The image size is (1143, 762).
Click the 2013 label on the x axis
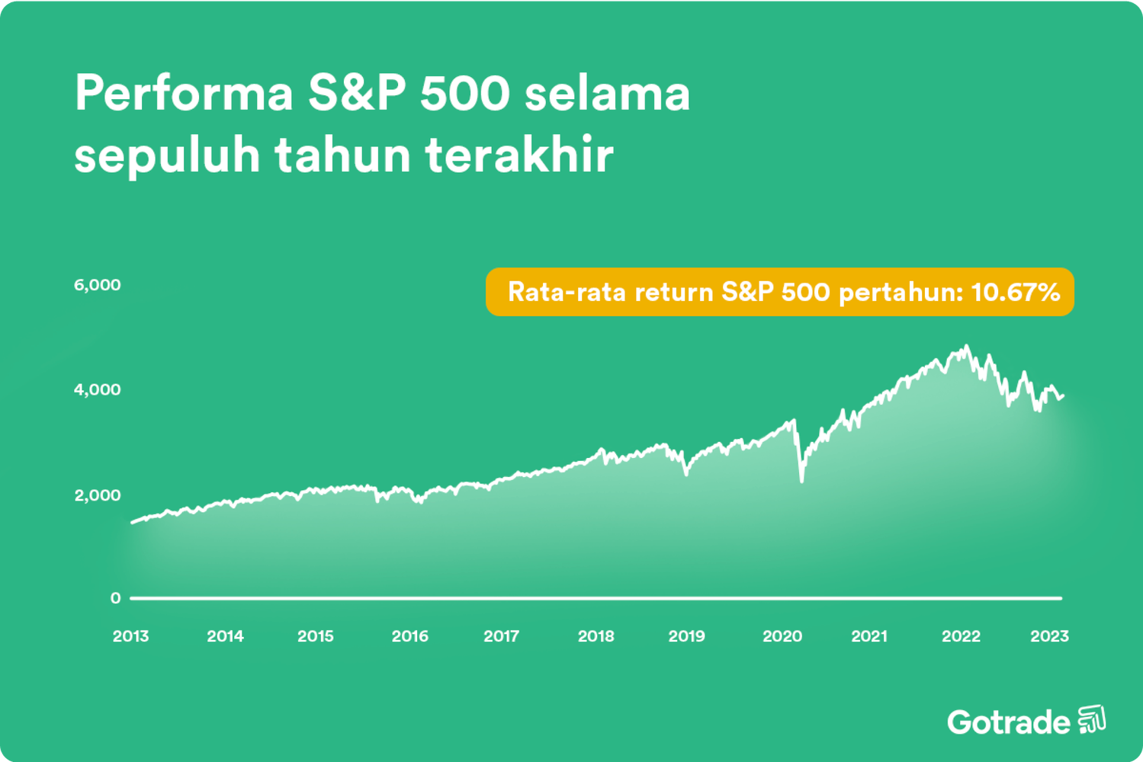coord(130,636)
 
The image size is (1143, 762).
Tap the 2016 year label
coord(409,636)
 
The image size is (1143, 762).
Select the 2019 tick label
coord(686,636)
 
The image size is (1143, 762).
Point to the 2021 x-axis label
coord(869,636)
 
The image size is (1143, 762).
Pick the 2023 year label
coord(1049,636)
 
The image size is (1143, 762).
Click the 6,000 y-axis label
coord(97,285)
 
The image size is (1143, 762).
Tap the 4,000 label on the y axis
coord(97,389)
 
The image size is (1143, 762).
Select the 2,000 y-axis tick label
coord(97,495)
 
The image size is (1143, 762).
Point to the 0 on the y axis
coord(115,598)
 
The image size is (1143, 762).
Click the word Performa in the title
coord(184,94)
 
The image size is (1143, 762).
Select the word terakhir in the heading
coord(519,155)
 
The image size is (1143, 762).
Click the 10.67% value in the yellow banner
coord(1015,292)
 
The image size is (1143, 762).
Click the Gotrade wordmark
coord(1008,722)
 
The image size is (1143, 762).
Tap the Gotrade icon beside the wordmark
coord(1092,719)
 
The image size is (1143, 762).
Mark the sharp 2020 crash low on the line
coord(801,481)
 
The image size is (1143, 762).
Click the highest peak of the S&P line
coord(967,347)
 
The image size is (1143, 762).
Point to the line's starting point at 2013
coord(133,523)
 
